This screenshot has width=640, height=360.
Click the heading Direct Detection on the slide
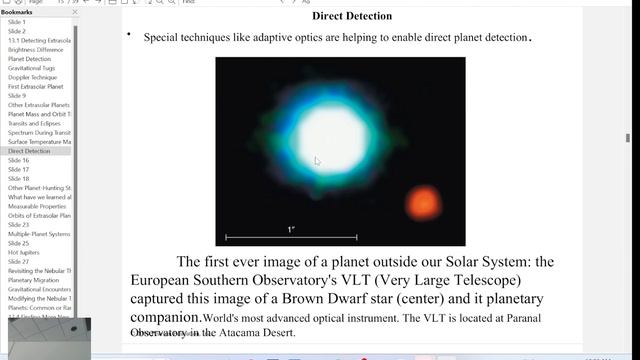pos(351,16)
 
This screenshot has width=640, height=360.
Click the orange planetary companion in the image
pos(422,204)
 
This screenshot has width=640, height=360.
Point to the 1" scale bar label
pos(291,230)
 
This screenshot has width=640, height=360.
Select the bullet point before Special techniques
pos(129,36)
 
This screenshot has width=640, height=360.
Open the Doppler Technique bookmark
pos(32,77)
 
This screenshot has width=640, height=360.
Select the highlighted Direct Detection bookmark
pos(29,151)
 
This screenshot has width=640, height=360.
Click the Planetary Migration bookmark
pos(34,280)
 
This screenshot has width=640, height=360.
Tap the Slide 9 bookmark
pos(17,96)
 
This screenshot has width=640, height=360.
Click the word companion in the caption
pos(165,317)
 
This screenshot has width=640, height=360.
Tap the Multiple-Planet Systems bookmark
pos(39,234)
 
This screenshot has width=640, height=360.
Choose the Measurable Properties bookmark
pos(39,206)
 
